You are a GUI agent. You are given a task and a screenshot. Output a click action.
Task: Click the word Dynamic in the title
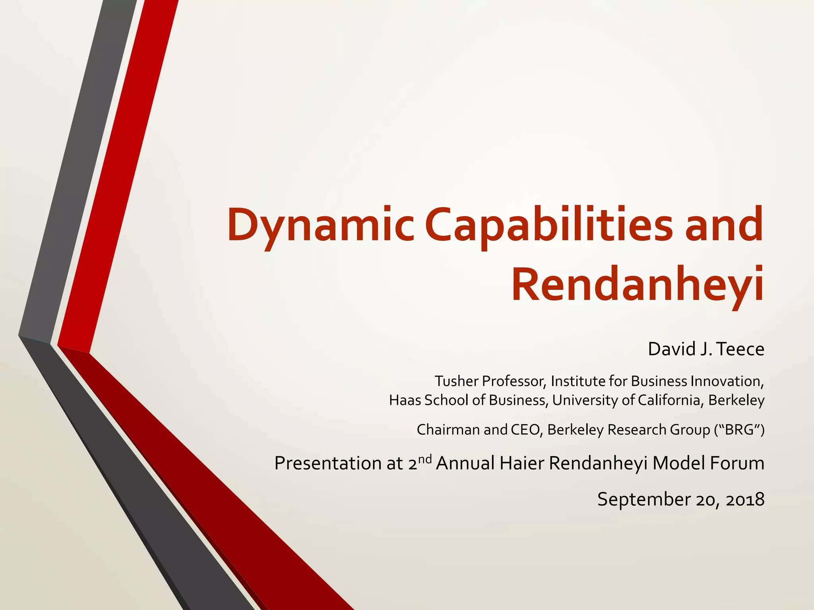point(320,226)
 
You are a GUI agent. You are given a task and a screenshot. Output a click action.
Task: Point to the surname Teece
point(741,349)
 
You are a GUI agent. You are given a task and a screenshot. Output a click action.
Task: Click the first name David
point(669,349)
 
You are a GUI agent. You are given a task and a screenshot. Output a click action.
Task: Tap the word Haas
point(405,400)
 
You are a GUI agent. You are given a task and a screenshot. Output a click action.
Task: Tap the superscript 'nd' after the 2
point(425,459)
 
